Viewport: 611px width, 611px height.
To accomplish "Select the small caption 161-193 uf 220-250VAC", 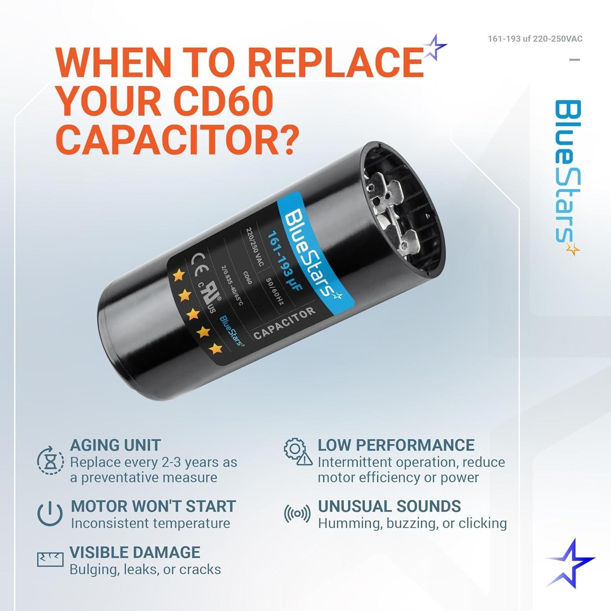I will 535,39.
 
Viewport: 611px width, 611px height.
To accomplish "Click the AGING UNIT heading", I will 115,445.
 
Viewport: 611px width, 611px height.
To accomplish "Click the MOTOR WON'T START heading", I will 153,506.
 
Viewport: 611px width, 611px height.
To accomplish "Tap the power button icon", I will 50,514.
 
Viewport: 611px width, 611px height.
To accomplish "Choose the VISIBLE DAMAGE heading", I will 135,552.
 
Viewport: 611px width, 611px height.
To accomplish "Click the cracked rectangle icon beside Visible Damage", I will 50,560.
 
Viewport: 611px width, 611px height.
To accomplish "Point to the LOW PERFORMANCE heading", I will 396,445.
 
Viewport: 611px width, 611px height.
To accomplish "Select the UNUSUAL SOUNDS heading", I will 389,506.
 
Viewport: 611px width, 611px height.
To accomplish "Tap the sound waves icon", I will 297,514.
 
